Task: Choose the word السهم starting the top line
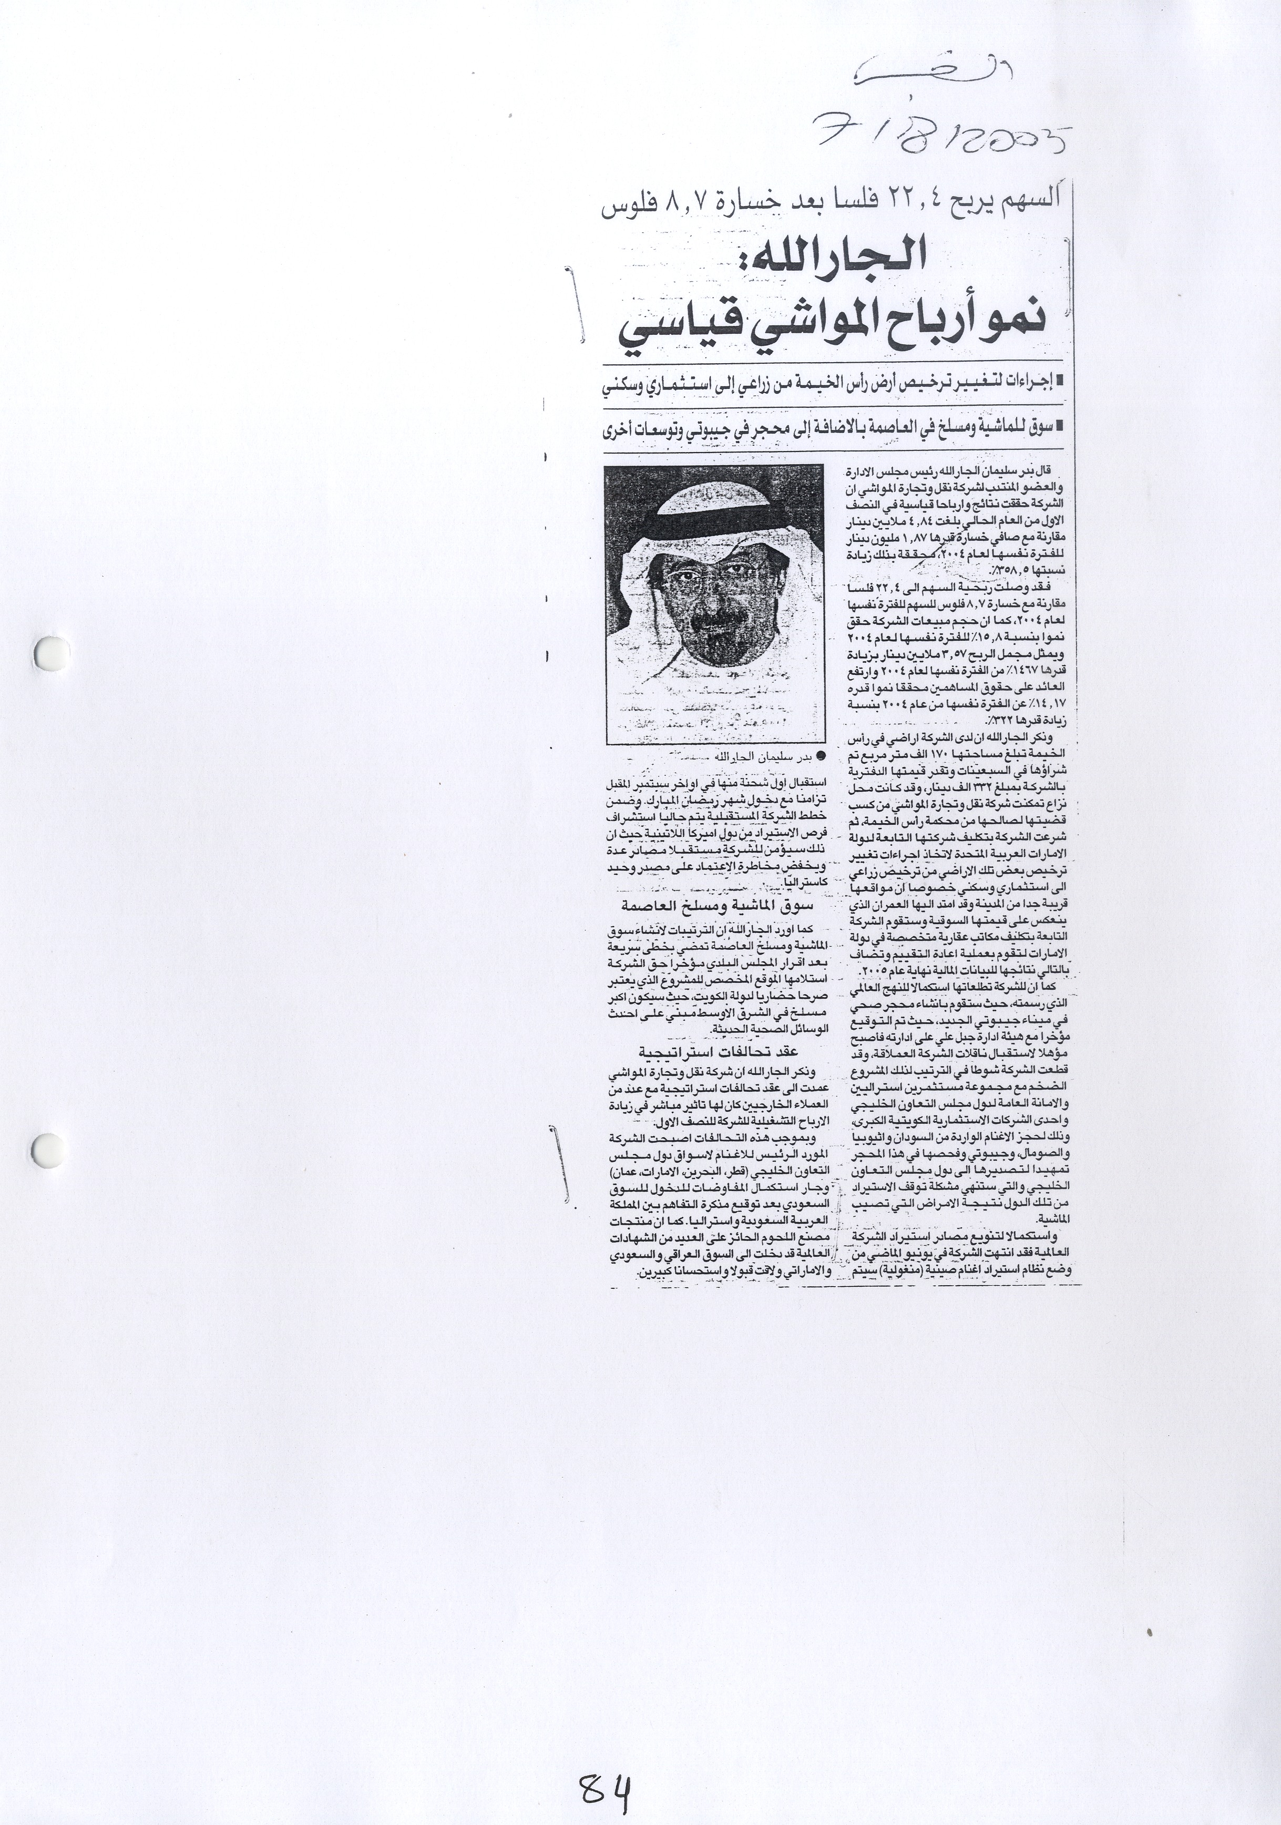[x=1030, y=211]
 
